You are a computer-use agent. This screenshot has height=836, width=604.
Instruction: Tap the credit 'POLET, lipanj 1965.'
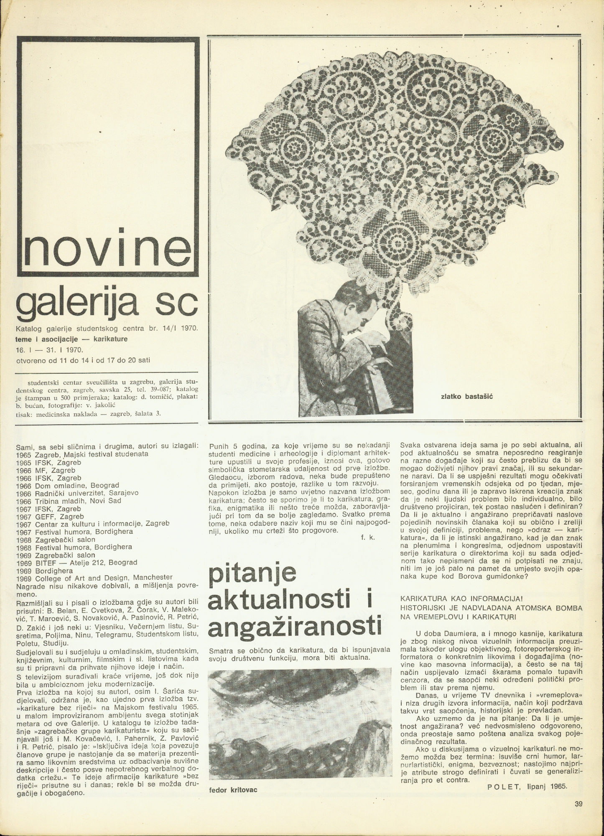[x=528, y=786]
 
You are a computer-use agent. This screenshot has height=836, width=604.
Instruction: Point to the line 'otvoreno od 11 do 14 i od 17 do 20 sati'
[x=83, y=359]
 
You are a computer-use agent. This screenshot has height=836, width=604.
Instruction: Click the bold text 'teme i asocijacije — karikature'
[x=71, y=339]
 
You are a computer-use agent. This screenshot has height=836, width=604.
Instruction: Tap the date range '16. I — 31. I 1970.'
[x=50, y=349]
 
